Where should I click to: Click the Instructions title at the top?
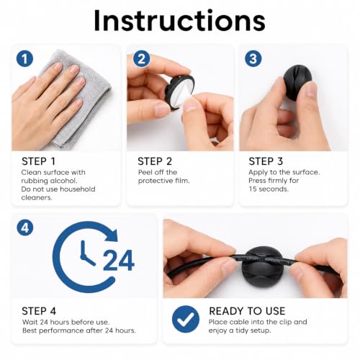(x=179, y=21)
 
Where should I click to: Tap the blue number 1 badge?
(x=24, y=59)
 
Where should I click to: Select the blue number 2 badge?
(x=141, y=59)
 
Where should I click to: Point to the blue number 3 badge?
(x=253, y=59)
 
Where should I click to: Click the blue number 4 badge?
(x=25, y=228)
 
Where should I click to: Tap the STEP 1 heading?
(x=38, y=161)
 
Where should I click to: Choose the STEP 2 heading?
(x=155, y=161)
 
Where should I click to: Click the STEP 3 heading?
(x=266, y=161)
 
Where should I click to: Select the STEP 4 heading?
(x=39, y=311)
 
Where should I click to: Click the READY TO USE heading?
(x=247, y=311)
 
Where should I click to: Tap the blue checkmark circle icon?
(x=186, y=319)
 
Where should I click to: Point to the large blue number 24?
(x=119, y=261)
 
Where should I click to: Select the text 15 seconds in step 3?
(x=269, y=189)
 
